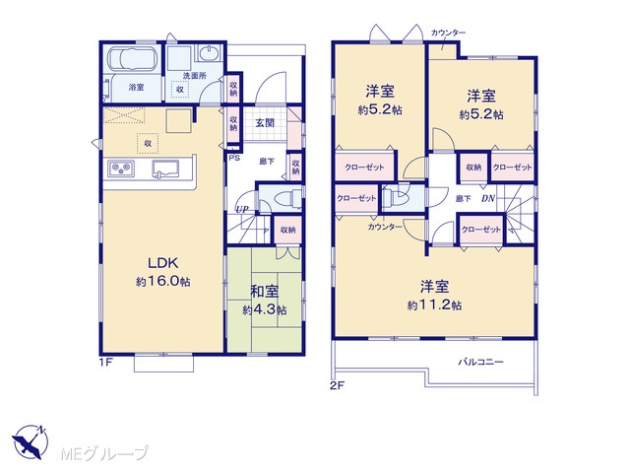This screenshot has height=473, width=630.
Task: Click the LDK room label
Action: click(163, 263)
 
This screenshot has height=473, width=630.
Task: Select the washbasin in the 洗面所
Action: click(208, 52)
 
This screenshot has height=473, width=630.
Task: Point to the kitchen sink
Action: click(165, 169)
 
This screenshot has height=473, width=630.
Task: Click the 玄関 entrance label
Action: click(265, 122)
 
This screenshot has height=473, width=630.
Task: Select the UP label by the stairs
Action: click(242, 209)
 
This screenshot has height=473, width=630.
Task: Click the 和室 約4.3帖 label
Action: click(265, 300)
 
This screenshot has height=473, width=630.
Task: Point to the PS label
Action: click(234, 158)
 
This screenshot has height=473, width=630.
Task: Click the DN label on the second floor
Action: click(488, 198)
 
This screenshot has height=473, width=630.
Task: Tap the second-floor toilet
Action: click(396, 197)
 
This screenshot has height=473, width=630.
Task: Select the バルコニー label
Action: click(481, 362)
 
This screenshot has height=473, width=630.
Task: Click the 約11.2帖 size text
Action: click(434, 305)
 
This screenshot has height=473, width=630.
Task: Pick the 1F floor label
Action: click(105, 362)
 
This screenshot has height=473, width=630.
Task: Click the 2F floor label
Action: click(337, 385)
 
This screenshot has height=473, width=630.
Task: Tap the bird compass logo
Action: click(30, 441)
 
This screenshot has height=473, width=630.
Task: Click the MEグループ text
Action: click(104, 453)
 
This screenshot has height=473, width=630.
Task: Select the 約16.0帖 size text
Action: click(163, 281)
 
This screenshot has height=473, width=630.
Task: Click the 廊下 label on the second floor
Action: click(463, 198)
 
